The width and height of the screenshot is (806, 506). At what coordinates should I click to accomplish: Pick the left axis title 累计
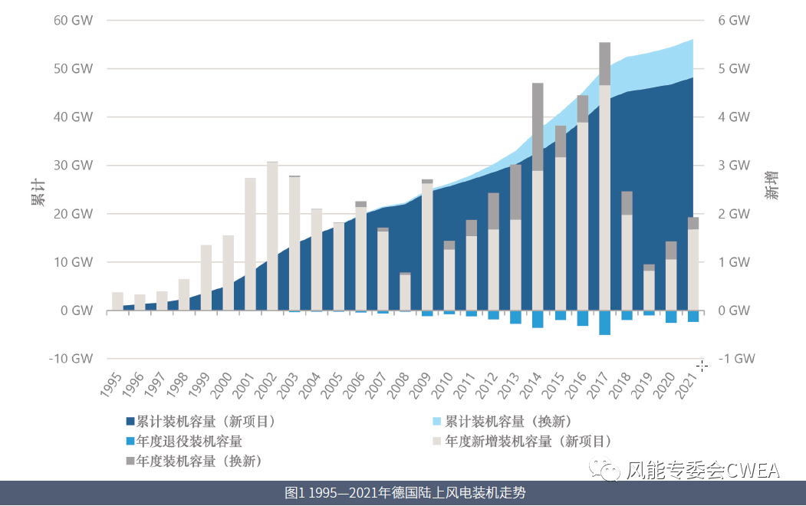pyautogui.click(x=37, y=189)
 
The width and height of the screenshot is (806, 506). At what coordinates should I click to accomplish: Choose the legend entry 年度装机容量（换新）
pyautogui.click(x=199, y=461)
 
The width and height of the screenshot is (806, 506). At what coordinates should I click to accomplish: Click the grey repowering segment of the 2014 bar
pyautogui.click(x=538, y=127)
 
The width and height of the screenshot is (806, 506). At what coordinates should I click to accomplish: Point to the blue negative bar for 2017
pyautogui.click(x=604, y=323)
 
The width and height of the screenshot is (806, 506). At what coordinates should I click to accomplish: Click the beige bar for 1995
pyautogui.click(x=117, y=301)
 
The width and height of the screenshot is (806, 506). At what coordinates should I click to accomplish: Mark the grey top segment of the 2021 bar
pyautogui.click(x=693, y=223)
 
